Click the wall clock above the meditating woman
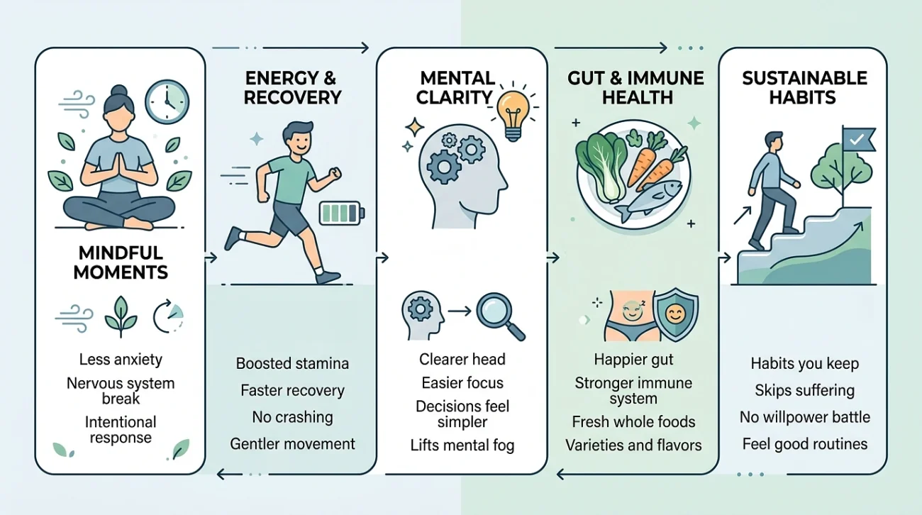[167, 101]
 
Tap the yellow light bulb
[513, 115]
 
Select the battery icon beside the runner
[342, 213]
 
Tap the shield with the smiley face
[675, 314]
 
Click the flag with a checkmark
[858, 140]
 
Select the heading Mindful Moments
[121, 262]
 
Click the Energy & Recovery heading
[292, 88]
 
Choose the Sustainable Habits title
[804, 88]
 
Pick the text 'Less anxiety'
[121, 360]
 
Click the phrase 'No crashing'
[292, 417]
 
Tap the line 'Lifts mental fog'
[462, 445]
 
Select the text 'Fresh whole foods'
[633, 421]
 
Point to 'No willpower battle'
[805, 417]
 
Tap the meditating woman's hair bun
[119, 90]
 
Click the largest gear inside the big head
[444, 167]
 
